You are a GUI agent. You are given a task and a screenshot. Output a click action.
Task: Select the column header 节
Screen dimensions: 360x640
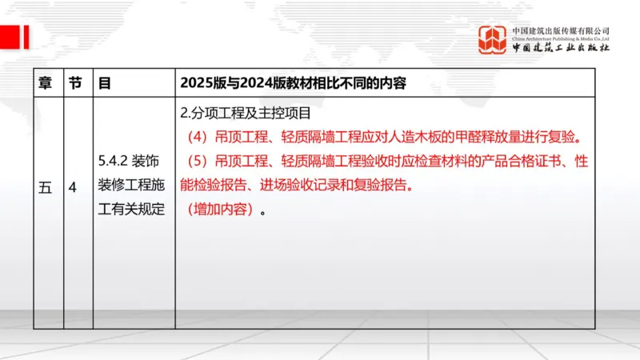(74, 82)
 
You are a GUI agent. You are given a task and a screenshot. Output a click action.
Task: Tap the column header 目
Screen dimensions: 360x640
(104, 82)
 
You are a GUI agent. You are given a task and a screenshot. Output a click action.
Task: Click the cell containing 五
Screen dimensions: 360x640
(45, 189)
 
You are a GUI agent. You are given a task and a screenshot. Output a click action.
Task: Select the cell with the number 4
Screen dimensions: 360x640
(73, 189)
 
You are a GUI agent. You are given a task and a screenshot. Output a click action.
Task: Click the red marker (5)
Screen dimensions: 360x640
(197, 161)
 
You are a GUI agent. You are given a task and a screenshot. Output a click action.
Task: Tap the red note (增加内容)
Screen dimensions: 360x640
(219, 211)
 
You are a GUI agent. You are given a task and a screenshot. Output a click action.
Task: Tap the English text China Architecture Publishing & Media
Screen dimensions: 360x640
(561, 38)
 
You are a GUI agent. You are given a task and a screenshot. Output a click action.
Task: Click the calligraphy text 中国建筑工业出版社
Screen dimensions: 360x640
(561, 48)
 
